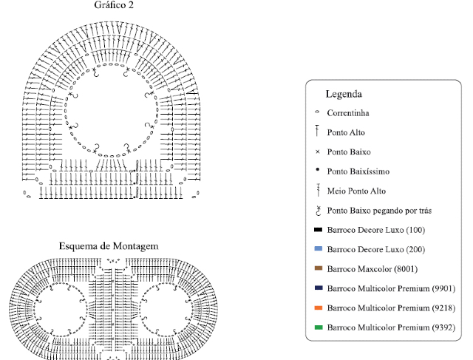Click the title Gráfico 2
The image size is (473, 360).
(114, 5)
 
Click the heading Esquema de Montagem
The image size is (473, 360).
(109, 246)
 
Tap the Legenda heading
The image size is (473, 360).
(344, 94)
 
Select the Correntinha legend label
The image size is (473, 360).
(348, 113)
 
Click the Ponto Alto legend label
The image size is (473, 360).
(346, 132)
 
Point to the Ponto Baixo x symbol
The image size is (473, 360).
(317, 152)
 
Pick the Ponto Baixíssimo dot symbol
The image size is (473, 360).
(317, 170)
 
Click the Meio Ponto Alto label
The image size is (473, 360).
(356, 191)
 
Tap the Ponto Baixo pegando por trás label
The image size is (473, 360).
(379, 211)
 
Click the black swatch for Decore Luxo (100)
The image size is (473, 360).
(319, 230)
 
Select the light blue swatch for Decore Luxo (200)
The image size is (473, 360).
(319, 249)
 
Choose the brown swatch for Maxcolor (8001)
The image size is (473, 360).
(319, 268)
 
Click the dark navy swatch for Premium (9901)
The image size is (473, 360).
(319, 288)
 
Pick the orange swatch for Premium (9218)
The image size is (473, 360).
(319, 308)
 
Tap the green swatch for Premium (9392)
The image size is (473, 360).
(319, 327)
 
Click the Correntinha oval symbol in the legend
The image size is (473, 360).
(317, 112)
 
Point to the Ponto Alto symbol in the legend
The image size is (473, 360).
(317, 131)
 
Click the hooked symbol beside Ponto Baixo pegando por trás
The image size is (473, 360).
(318, 211)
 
